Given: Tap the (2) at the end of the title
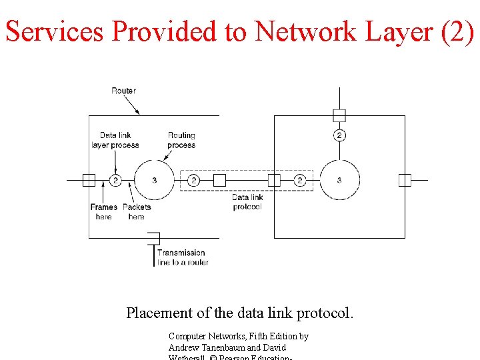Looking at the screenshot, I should [x=457, y=31].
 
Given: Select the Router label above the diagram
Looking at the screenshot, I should [x=123, y=91].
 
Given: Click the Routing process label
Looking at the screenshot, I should [x=181, y=140].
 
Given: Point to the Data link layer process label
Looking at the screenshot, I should [x=115, y=140].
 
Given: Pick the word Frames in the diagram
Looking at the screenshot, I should [x=104, y=207].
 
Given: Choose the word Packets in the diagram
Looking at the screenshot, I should [x=137, y=207].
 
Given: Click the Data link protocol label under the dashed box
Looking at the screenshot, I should [x=247, y=201].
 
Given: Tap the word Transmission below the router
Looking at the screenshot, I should [x=181, y=253].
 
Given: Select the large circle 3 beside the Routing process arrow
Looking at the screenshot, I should [x=154, y=180].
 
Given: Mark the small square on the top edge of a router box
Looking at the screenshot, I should [x=339, y=115].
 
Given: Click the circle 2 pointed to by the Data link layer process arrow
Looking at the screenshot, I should [x=115, y=180].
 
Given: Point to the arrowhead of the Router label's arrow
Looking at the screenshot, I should [x=139, y=113].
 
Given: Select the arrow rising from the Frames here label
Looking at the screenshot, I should [x=103, y=194].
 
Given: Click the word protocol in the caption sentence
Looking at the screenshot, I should [x=326, y=312].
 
